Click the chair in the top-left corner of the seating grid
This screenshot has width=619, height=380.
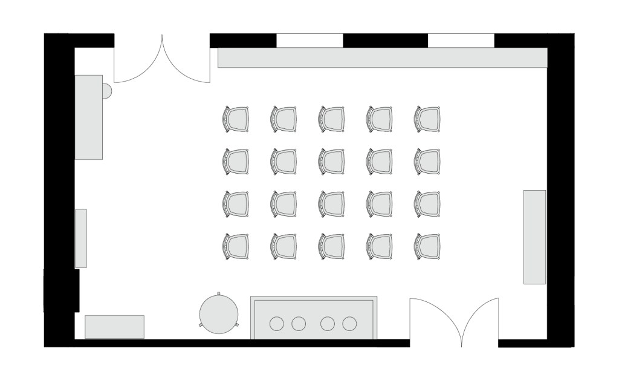pyautogui.click(x=236, y=119)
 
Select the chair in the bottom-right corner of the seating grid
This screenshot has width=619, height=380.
pyautogui.click(x=427, y=246)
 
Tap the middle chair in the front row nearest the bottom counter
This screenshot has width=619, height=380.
pyautogui.click(x=332, y=246)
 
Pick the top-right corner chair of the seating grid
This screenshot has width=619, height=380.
pyautogui.click(x=427, y=119)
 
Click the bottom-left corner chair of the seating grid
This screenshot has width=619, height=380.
pyautogui.click(x=236, y=246)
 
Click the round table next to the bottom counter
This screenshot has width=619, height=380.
pyautogui.click(x=218, y=313)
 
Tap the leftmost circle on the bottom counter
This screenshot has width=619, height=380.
pyautogui.click(x=277, y=324)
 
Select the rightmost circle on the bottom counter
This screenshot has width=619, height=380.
pyautogui.click(x=349, y=324)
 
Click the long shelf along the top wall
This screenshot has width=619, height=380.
pyautogui.click(x=382, y=57)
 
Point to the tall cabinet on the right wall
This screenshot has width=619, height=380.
pyautogui.click(x=534, y=237)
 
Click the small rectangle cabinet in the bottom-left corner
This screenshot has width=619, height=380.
pyautogui.click(x=114, y=327)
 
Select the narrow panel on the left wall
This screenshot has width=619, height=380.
pyautogui.click(x=80, y=238)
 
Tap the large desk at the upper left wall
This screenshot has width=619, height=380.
pyautogui.click(x=88, y=117)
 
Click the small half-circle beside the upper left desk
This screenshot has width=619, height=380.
pyautogui.click(x=106, y=91)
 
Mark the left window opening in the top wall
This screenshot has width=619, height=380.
pyautogui.click(x=309, y=40)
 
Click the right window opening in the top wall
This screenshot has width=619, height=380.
pyautogui.click(x=461, y=40)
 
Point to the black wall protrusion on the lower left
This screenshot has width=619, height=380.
pyautogui.click(x=61, y=290)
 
